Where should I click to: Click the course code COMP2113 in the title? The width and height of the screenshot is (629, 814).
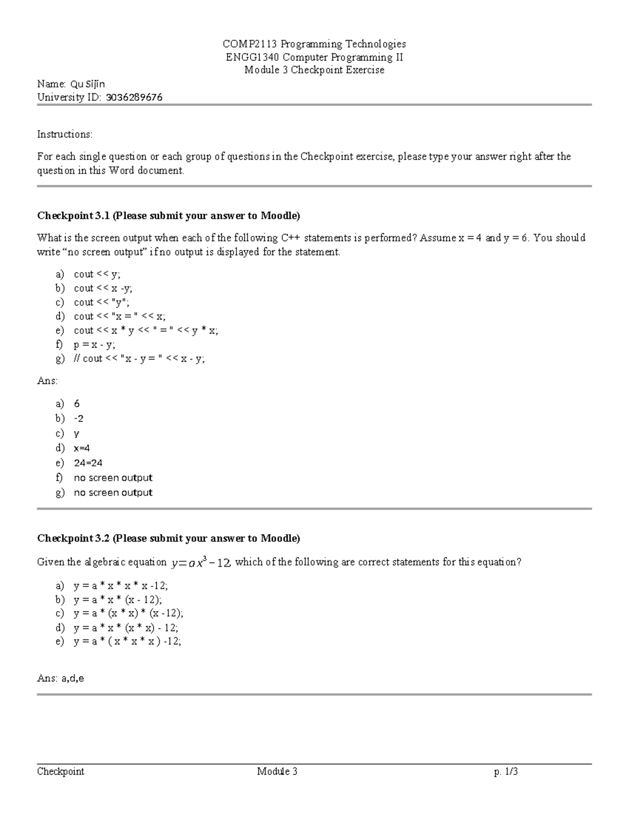pyautogui.click(x=245, y=44)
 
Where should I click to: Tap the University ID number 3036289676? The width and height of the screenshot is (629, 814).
pyautogui.click(x=134, y=97)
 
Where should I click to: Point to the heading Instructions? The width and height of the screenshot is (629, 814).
pyautogui.click(x=64, y=134)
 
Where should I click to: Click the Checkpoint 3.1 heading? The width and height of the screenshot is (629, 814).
pyautogui.click(x=168, y=215)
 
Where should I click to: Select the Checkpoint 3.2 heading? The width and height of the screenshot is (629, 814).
pyautogui.click(x=168, y=538)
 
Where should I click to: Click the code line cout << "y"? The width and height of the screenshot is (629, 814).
pyautogui.click(x=101, y=302)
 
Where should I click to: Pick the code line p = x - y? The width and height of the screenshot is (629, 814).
pyautogui.click(x=94, y=344)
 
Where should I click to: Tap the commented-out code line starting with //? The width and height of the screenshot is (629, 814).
pyautogui.click(x=139, y=359)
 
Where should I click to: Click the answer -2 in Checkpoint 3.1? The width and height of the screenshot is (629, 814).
pyautogui.click(x=79, y=418)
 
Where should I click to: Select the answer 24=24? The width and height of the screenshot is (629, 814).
pyautogui.click(x=88, y=463)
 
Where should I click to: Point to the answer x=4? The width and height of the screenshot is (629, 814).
pyautogui.click(x=82, y=448)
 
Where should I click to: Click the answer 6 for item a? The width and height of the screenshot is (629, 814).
pyautogui.click(x=77, y=404)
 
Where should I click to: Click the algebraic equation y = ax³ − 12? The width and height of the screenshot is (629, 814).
pyautogui.click(x=201, y=562)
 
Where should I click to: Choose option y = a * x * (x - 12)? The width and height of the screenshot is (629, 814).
pyautogui.click(x=118, y=600)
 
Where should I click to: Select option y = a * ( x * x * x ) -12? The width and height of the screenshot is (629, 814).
pyautogui.click(x=127, y=642)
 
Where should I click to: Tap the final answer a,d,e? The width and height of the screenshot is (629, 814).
pyautogui.click(x=73, y=678)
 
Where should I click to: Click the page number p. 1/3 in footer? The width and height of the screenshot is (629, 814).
pyautogui.click(x=506, y=772)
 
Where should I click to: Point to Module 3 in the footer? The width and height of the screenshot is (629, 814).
pyautogui.click(x=277, y=772)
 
